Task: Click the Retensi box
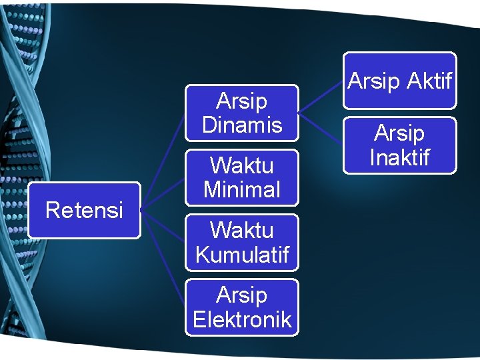84,210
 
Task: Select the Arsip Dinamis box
241,113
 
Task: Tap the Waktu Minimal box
241,177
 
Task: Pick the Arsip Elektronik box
241,307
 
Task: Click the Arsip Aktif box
399,81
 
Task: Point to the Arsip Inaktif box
399,145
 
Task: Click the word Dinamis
241,125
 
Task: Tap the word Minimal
241,189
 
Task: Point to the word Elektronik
241,319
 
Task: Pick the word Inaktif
399,157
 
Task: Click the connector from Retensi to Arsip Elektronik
163,260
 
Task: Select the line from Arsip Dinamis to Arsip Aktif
321,96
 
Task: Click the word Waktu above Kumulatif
241,230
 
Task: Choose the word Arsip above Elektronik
241,295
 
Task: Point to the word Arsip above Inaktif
399,133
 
